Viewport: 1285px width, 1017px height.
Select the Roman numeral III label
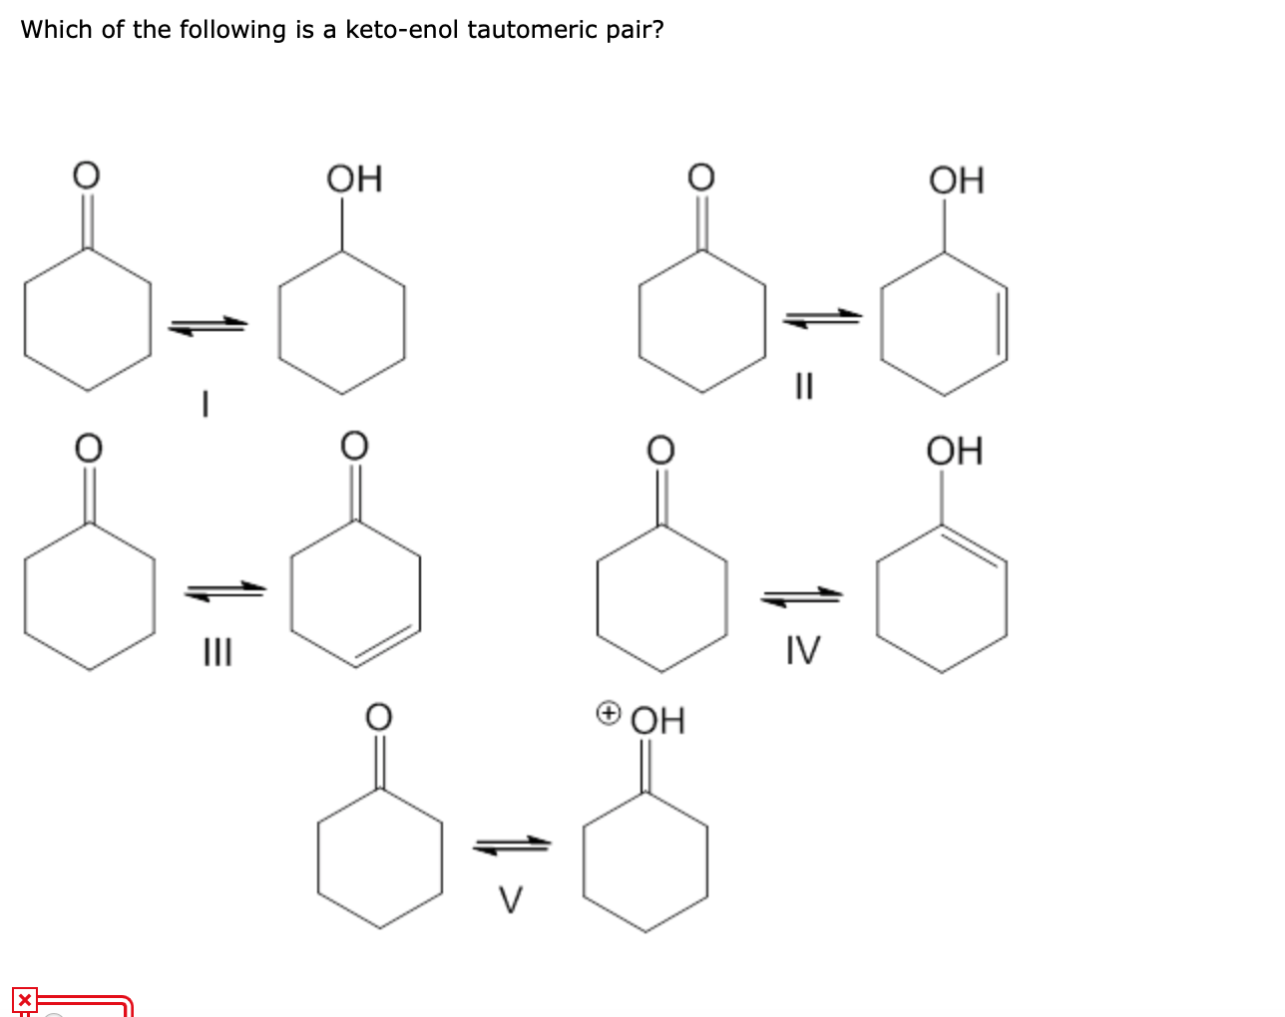click(216, 654)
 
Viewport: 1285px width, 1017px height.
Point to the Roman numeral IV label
click(803, 651)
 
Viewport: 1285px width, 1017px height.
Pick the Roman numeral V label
click(511, 899)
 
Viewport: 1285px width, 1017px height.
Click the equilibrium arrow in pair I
click(207, 325)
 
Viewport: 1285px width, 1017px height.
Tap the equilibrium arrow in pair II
click(822, 318)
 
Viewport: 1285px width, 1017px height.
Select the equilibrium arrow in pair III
click(225, 591)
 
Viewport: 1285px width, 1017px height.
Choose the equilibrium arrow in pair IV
click(802, 596)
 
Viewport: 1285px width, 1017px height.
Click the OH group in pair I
click(354, 179)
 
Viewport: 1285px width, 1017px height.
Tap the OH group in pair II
click(956, 180)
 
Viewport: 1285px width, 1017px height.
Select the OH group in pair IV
click(955, 451)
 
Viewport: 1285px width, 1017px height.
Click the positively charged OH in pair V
click(658, 720)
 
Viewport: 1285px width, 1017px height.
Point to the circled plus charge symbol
click(608, 713)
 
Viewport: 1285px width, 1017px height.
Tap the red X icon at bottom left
click(24, 1000)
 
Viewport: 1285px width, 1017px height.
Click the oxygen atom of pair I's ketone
click(88, 174)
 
